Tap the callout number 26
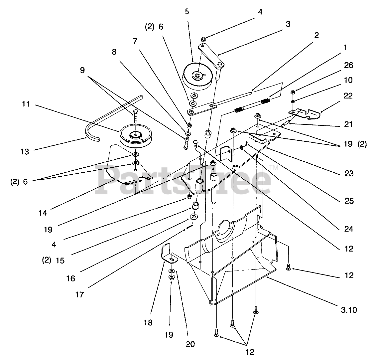coord(348,66)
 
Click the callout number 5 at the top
coord(187,12)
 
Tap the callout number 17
coord(79,294)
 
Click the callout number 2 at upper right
coord(316,35)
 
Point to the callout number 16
coord(70,278)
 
